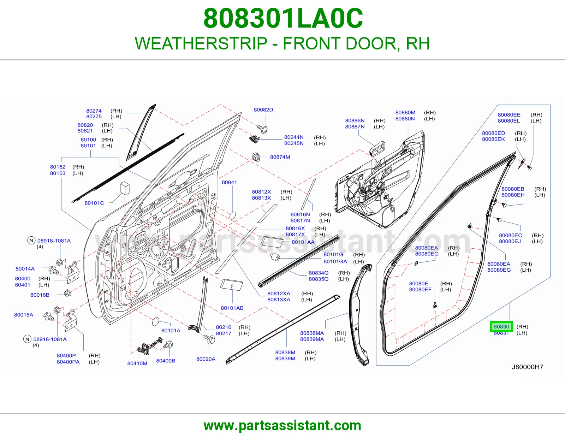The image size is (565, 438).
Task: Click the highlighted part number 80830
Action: coord(501,327)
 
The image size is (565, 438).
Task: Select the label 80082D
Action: coord(263,110)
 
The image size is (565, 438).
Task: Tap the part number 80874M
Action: coord(280,157)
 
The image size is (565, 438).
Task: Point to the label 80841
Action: coord(229,182)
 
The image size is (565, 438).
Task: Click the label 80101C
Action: coord(94,203)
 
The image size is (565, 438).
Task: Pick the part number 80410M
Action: coord(137,363)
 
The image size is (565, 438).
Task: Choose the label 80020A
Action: coord(206,359)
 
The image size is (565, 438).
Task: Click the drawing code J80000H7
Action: coord(528,367)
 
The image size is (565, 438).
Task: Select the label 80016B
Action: coord(40,295)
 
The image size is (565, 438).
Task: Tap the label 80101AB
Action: coord(232,308)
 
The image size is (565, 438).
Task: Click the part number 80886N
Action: coord(355,121)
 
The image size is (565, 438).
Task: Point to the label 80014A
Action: coord(25,269)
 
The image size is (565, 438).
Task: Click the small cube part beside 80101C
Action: coord(125,188)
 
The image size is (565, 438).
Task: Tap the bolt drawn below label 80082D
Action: coord(263,129)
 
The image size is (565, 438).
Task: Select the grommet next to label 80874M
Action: coord(256,157)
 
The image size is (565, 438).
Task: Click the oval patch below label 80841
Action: coord(232,215)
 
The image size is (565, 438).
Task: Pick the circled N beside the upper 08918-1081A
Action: coord(31,241)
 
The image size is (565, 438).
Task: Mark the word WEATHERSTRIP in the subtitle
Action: coord(201,43)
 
